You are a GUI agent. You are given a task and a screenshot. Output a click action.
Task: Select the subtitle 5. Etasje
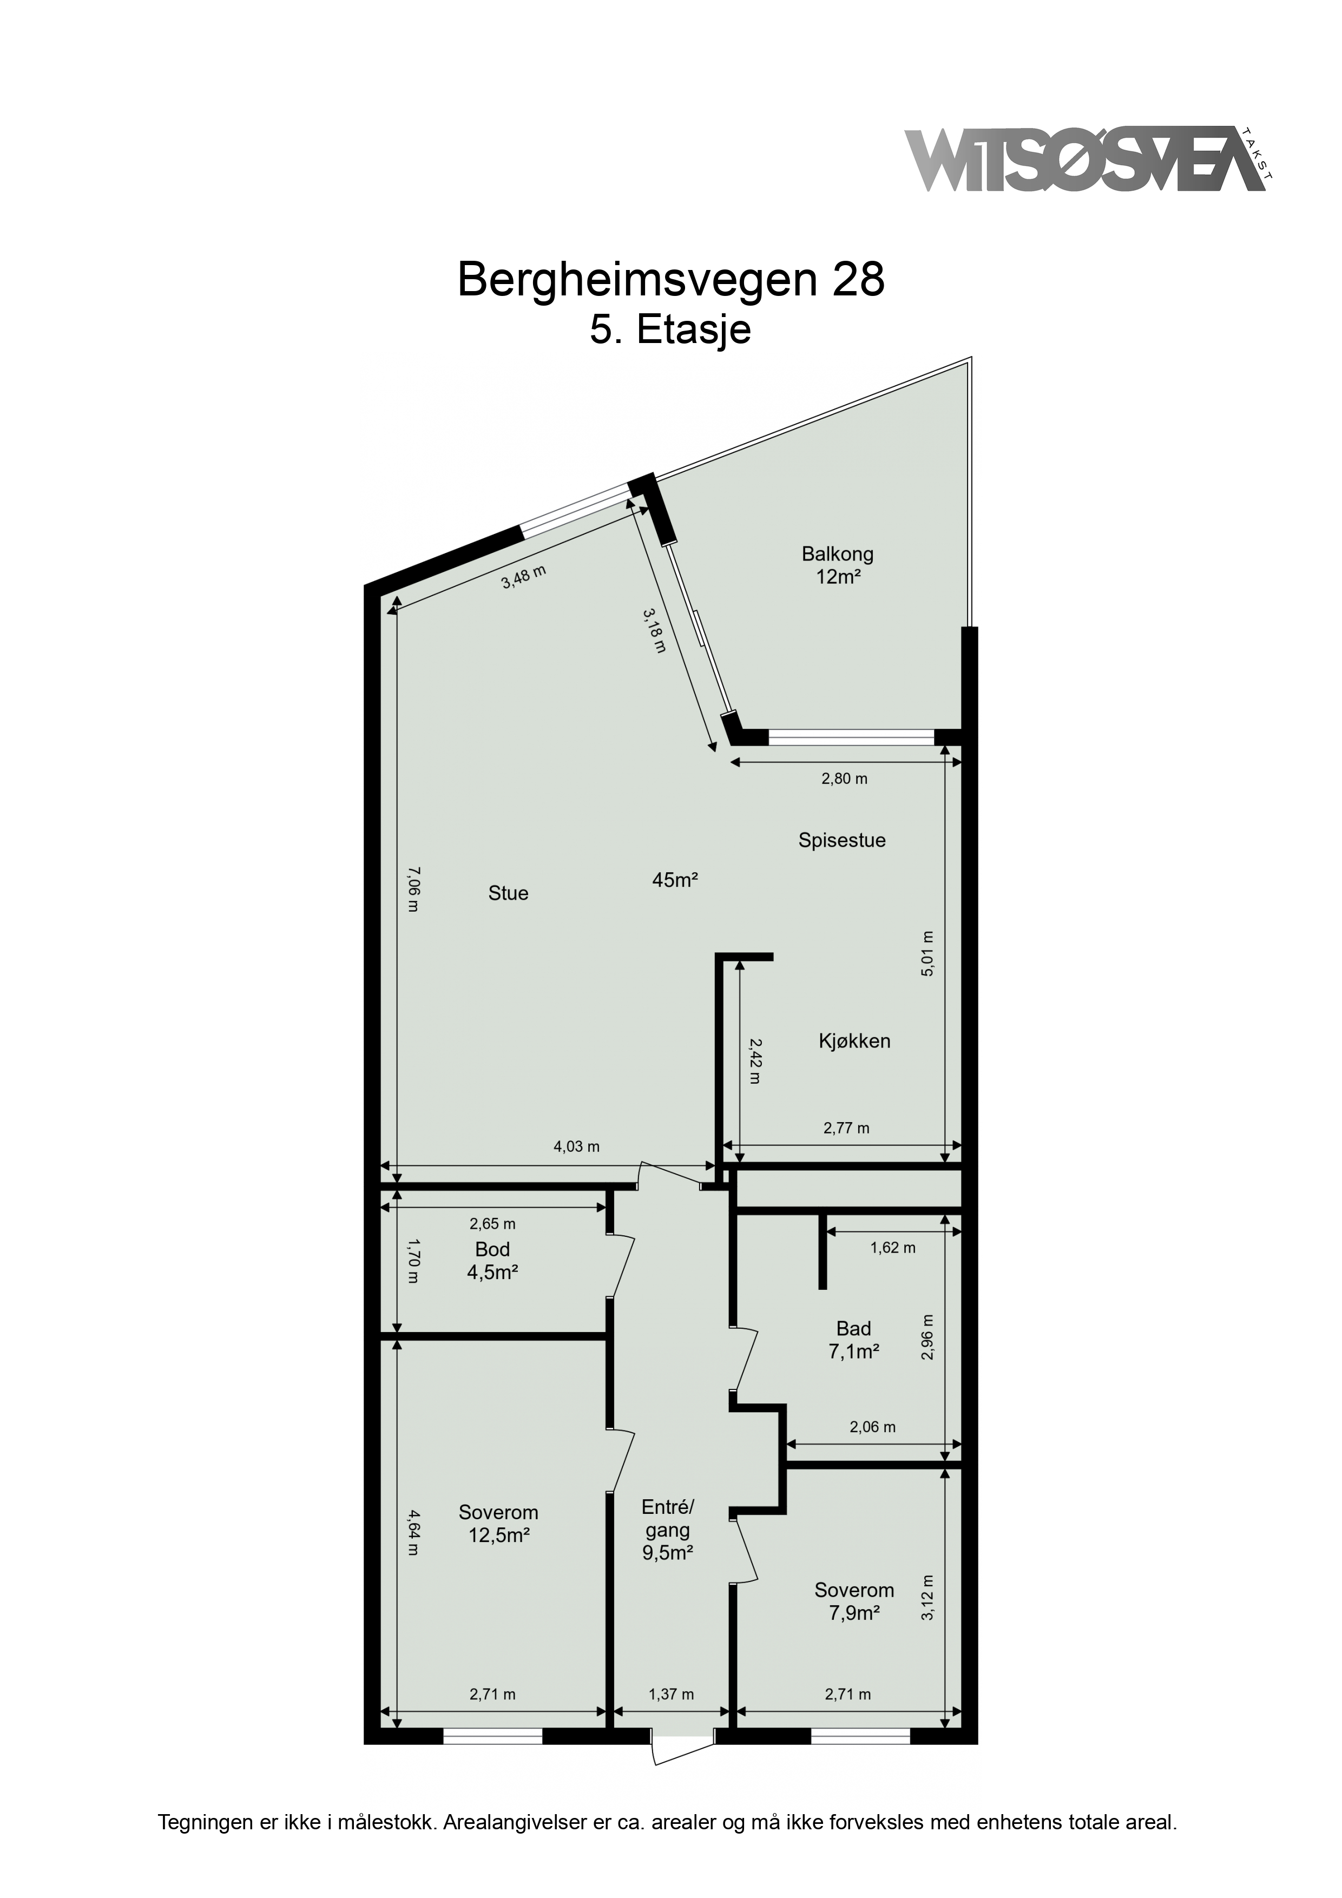[x=670, y=330]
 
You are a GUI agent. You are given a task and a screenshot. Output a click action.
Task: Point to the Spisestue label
[x=842, y=841]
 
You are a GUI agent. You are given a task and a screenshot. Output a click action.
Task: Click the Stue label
[x=508, y=894]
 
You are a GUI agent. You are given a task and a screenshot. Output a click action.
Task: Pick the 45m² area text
[x=675, y=880]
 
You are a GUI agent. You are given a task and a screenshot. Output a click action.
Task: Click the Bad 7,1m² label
[x=853, y=1340]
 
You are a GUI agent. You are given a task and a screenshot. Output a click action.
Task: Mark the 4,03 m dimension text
[x=576, y=1146]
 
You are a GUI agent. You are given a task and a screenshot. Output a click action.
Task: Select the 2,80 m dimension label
[x=844, y=778]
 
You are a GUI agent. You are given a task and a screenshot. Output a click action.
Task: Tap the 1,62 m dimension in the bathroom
[x=893, y=1248]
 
